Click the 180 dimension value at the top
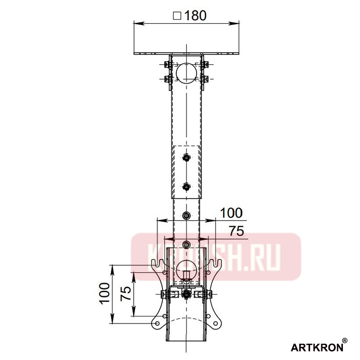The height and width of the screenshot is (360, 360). click(x=194, y=15)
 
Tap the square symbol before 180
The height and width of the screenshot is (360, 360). click(x=177, y=15)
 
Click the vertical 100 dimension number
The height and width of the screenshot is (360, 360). click(x=104, y=294)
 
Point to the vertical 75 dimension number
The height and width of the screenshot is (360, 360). click(x=126, y=293)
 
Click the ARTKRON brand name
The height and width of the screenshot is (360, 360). click(x=316, y=347)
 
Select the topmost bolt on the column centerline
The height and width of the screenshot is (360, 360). click(x=186, y=157)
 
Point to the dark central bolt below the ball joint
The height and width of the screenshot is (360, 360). click(x=186, y=295)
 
